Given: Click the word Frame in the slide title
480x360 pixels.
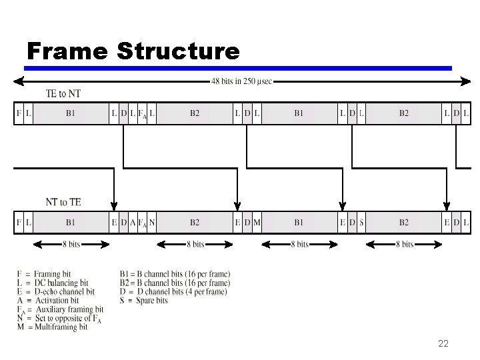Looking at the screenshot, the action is (67, 51).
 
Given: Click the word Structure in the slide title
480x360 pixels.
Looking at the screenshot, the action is (177, 51).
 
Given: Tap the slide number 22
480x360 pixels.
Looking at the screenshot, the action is (443, 344).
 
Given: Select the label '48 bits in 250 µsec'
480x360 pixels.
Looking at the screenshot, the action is (241, 81).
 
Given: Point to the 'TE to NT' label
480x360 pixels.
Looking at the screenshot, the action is (63, 93).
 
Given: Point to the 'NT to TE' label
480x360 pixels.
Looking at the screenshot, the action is (63, 202).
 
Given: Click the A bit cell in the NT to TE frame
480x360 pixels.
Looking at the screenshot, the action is (133, 223).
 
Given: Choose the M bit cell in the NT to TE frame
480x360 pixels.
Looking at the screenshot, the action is (257, 223).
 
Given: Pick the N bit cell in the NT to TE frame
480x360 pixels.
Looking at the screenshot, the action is (152, 223).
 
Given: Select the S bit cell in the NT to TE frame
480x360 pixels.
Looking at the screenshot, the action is (361, 223).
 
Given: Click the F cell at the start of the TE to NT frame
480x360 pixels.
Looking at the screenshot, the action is (19, 113).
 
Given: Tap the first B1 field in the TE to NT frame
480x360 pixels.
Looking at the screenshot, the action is (70, 113).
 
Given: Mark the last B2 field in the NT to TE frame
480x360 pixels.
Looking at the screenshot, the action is (403, 223).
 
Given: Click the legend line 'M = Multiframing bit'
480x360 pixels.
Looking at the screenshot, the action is (53, 327).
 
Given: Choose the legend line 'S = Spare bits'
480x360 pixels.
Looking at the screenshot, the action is (143, 301).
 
